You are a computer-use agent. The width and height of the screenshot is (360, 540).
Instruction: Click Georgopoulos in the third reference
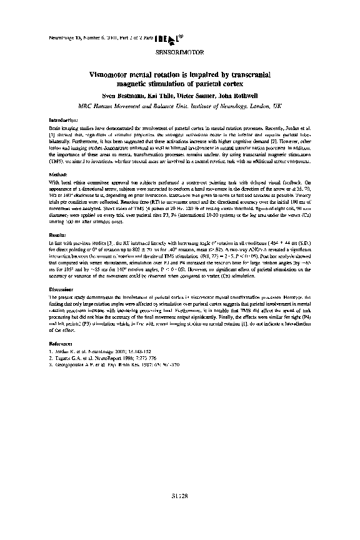pyautogui.click(x=70, y=364)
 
